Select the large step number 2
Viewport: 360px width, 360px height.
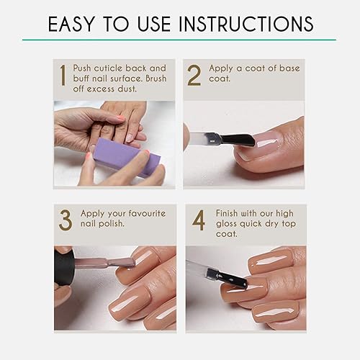(194, 76)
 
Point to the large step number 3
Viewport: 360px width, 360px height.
(64, 221)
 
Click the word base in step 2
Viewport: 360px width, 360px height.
(283, 68)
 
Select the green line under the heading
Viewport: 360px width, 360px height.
(180, 40)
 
